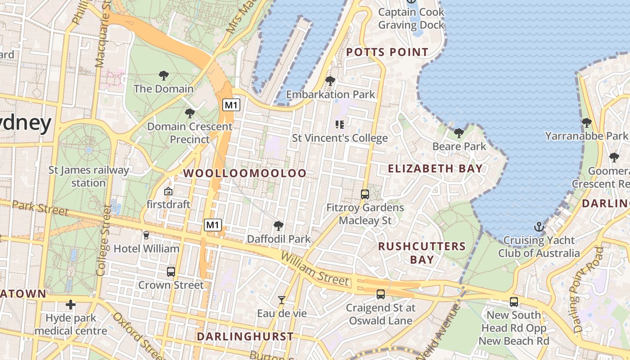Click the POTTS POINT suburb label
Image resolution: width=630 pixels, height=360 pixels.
click(x=387, y=52)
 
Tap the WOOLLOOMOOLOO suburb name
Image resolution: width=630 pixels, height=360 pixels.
click(x=245, y=173)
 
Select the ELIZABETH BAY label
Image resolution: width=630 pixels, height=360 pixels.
click(x=435, y=169)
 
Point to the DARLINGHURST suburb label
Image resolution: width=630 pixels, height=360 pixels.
click(x=245, y=336)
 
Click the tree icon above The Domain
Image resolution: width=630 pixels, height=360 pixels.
click(x=164, y=76)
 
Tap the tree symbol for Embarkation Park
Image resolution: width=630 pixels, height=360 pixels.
click(x=330, y=81)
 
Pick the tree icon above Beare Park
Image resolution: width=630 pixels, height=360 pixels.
click(x=459, y=133)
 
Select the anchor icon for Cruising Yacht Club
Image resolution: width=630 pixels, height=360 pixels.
click(x=539, y=226)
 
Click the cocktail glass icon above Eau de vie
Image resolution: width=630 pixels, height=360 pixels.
click(x=282, y=300)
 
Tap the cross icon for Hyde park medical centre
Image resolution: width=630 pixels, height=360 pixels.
click(x=71, y=305)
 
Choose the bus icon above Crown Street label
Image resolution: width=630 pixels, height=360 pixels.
click(x=171, y=271)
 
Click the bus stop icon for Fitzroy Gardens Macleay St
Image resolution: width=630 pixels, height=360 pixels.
click(x=365, y=194)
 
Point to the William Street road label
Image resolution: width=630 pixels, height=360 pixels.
click(x=315, y=270)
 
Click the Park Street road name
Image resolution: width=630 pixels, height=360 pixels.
click(x=40, y=208)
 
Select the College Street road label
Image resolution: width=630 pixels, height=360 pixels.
click(x=103, y=241)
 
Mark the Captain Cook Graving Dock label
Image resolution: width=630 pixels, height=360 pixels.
click(x=411, y=18)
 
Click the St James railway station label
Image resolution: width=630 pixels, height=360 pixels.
click(x=89, y=177)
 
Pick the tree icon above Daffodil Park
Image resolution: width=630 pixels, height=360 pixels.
click(x=279, y=225)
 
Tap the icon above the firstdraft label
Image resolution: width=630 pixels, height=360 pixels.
click(x=168, y=191)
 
